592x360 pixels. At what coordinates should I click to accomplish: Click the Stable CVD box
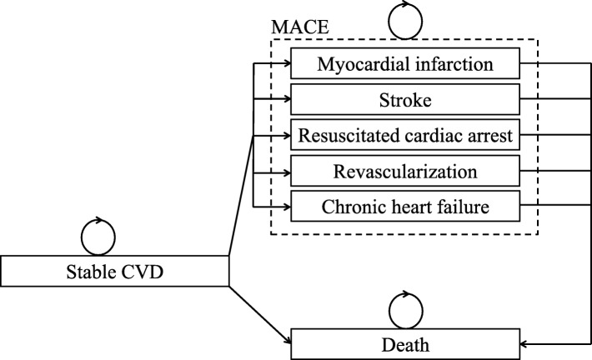[x=114, y=270]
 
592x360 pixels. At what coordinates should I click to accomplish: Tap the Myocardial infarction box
[x=406, y=63]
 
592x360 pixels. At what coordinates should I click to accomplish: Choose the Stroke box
[x=406, y=99]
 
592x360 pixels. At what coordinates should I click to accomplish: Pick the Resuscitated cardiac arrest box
[x=406, y=136]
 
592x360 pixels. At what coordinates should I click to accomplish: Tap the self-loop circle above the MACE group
[x=405, y=17]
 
